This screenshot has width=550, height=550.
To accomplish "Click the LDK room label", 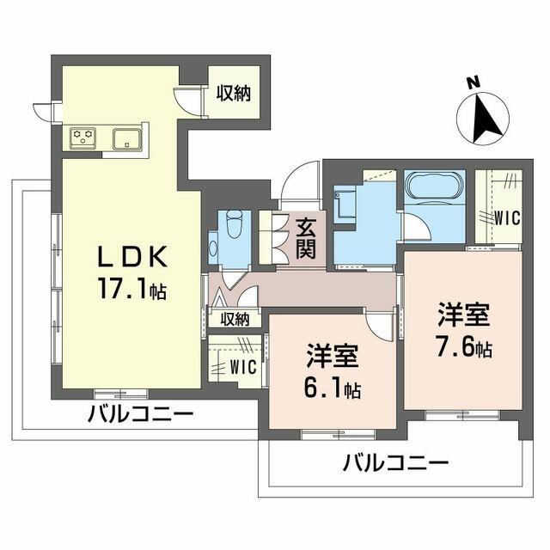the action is tap(131, 257).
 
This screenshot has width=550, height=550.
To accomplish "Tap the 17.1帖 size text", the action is tap(132, 290).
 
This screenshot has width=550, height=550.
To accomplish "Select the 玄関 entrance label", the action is tap(306, 239).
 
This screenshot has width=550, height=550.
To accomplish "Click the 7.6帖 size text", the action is tap(464, 346).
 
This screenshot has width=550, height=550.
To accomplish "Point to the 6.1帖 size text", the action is tap(333, 388).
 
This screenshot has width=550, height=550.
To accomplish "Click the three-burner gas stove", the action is tap(82, 137).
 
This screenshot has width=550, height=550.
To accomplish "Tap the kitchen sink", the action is tap(127, 137).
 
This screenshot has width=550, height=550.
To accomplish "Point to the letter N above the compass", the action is tap(474, 83).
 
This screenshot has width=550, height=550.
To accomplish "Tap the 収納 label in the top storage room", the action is tap(233, 94).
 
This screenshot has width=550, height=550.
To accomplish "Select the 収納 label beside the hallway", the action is tap(235, 320).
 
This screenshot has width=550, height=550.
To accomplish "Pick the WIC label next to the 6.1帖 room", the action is tap(243, 367).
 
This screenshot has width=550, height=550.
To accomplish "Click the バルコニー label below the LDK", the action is tap(140, 414).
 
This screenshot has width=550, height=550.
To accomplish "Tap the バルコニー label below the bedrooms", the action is tap(395, 463).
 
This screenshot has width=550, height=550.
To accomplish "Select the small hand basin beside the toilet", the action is tap(213, 248).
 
